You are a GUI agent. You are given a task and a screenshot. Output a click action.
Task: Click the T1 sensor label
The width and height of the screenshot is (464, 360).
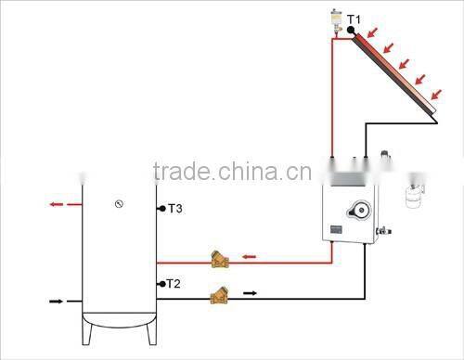pos(354,19)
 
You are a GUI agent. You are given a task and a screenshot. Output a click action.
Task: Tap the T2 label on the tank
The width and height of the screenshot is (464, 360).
pos(173,283)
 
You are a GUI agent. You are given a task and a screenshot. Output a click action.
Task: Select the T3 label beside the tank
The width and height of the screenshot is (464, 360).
pos(174,210)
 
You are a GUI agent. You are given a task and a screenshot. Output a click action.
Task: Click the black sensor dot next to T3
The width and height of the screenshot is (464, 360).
pos(161,208)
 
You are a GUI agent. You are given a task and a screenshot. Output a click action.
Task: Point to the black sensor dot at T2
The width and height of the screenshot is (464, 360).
pos(161,283)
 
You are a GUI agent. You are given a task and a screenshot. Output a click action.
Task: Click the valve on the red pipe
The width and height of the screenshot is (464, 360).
pos(221,259)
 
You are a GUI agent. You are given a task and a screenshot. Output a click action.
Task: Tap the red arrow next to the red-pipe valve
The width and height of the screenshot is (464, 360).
pos(249,257)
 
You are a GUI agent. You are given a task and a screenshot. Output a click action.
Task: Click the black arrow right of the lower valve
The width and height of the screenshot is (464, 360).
pos(250,293)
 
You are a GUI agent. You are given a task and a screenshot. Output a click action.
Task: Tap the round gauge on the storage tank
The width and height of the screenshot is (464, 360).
pos(120,203)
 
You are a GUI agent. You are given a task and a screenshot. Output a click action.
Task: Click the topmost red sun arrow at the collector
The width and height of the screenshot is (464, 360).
pos(372,35)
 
